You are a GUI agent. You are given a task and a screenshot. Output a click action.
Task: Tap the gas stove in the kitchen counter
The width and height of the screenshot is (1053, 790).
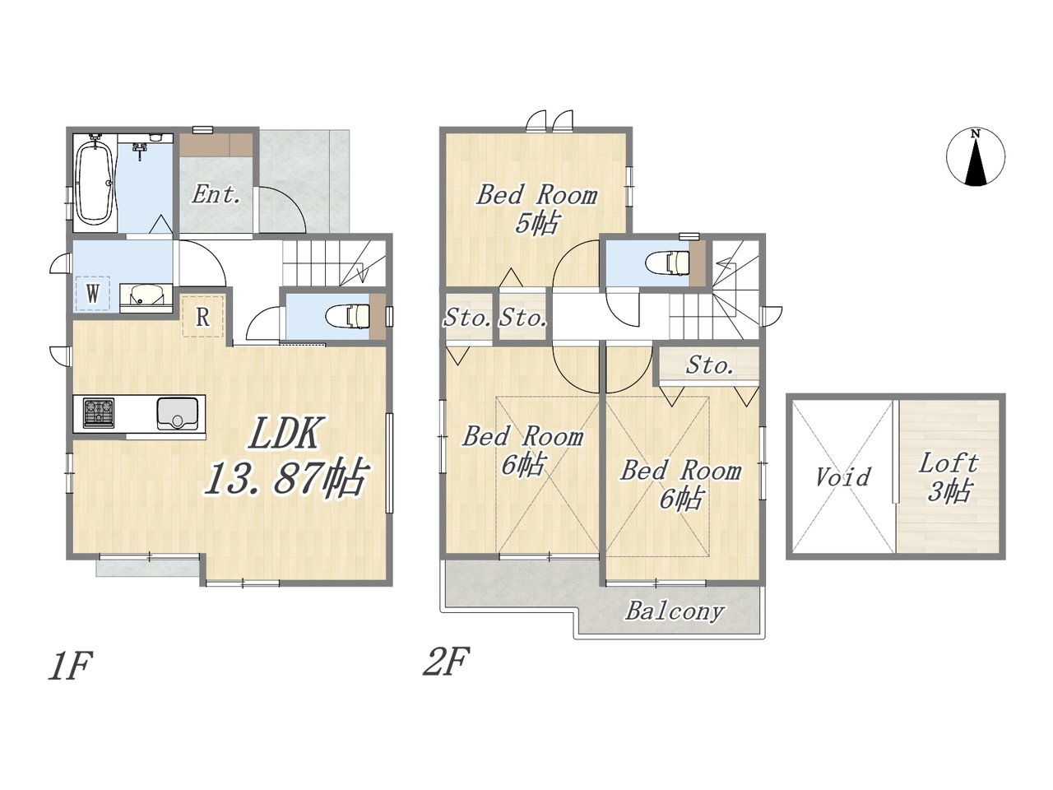(99, 412)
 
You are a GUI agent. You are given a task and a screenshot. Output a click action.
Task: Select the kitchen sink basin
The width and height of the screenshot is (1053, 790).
(177, 413)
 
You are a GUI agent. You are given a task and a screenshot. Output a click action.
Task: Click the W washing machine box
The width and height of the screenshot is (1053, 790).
(93, 293)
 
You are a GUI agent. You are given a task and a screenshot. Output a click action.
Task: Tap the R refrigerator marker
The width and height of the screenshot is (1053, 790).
(203, 317)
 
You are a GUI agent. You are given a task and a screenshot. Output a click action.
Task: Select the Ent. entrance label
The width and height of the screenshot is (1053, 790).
(216, 195)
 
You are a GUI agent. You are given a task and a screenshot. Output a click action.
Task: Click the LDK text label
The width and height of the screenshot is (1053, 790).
(285, 433)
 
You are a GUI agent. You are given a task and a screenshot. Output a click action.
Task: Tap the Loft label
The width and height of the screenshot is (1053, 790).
(948, 463)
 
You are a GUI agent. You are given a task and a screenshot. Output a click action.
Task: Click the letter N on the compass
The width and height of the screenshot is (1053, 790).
(975, 134)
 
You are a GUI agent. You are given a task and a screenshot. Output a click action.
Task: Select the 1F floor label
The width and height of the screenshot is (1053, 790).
(71, 666)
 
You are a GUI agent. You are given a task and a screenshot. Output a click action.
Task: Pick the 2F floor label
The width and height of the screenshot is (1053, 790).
(446, 662)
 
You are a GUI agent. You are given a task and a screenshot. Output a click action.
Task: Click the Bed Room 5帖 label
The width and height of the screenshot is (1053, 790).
(537, 209)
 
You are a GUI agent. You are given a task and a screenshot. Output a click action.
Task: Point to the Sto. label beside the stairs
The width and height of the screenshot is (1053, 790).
(709, 365)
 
